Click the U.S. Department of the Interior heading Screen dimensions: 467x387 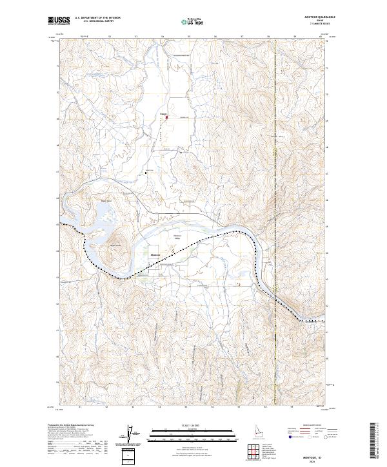pos(98,18)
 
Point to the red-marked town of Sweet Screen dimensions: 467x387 pos(166,117)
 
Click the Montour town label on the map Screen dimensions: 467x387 pos(155,255)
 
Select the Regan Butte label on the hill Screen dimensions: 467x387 pos(115,245)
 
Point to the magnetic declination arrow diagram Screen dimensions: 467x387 pos(134,434)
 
